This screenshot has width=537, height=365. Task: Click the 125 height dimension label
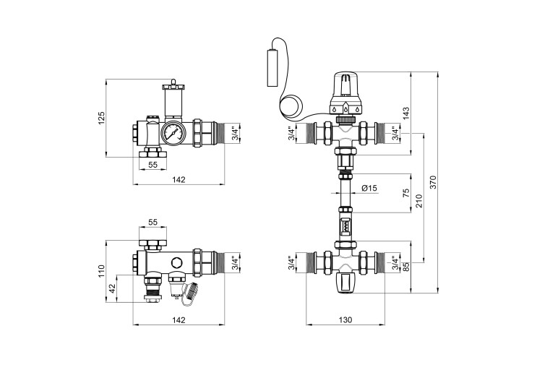click(x=102, y=118)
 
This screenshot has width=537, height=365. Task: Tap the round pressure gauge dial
click(x=173, y=132)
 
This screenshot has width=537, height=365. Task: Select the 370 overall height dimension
click(x=434, y=182)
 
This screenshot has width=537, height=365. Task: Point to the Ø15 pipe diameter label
click(x=369, y=188)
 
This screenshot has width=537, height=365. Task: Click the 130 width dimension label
click(x=345, y=319)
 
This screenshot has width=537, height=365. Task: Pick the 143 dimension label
click(x=406, y=113)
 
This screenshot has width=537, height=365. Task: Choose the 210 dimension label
click(x=419, y=201)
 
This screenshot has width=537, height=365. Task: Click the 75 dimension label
click(x=406, y=193)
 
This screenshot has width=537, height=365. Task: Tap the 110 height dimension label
click(x=102, y=271)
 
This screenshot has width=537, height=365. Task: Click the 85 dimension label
click(x=406, y=267)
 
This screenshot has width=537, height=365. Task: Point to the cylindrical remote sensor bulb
click(x=272, y=69)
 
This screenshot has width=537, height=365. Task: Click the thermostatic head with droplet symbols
click(x=346, y=93)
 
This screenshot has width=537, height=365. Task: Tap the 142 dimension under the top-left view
click(x=179, y=179)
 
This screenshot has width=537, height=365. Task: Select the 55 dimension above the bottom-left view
click(x=152, y=222)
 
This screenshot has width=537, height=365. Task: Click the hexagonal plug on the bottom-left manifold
click(x=177, y=263)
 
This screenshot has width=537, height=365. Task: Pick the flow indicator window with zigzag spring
click(x=346, y=226)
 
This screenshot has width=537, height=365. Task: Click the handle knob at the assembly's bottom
click(x=346, y=283)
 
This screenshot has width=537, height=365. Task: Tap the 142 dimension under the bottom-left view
click(x=179, y=319)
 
